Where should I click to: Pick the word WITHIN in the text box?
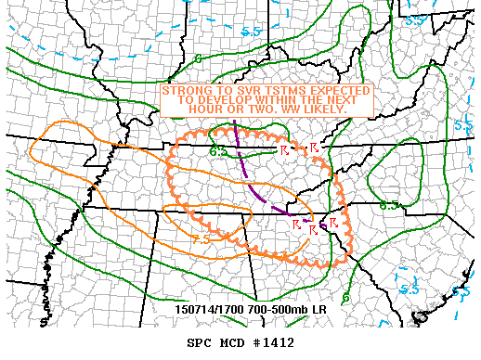(272, 99)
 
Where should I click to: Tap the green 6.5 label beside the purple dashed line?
(218, 151)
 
